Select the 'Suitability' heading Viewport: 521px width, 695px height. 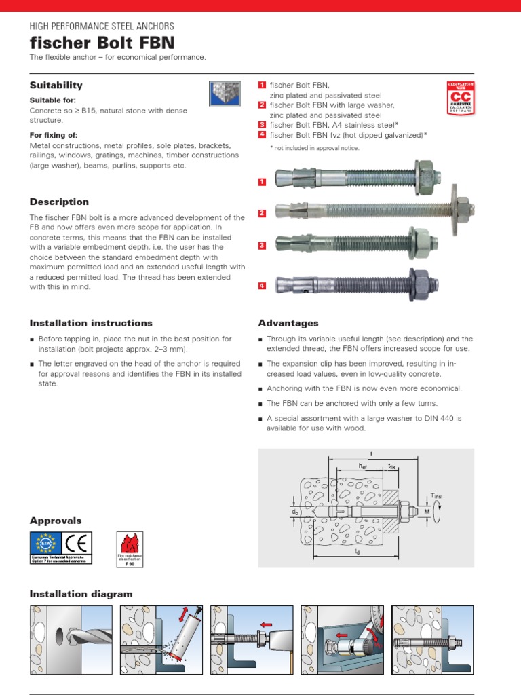(x=56, y=86)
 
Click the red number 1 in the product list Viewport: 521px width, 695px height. (x=262, y=85)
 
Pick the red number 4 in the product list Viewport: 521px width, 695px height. (x=262, y=135)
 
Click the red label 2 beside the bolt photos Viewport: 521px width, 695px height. (x=262, y=214)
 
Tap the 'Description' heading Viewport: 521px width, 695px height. (x=59, y=202)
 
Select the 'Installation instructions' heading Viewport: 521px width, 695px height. (x=91, y=323)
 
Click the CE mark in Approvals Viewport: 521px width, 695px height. (x=77, y=544)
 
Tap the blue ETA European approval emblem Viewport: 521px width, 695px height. (x=46, y=544)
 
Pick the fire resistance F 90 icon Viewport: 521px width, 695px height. (x=129, y=548)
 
